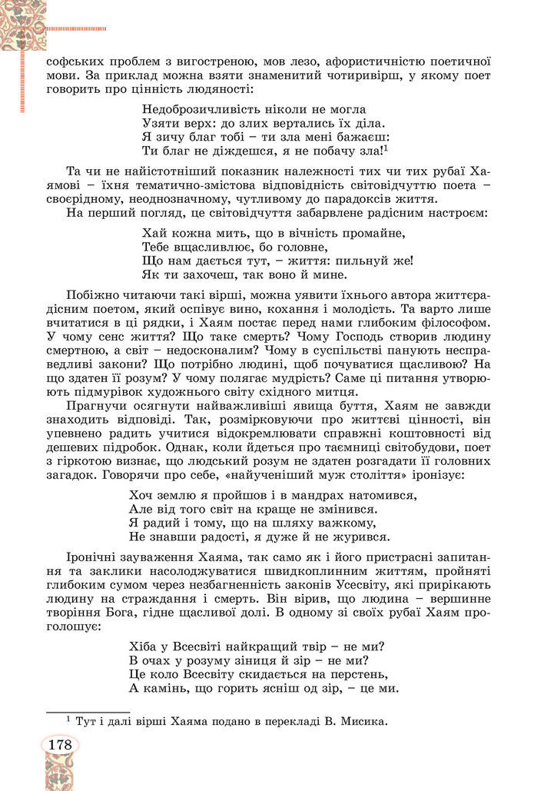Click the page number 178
[x=59, y=745]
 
